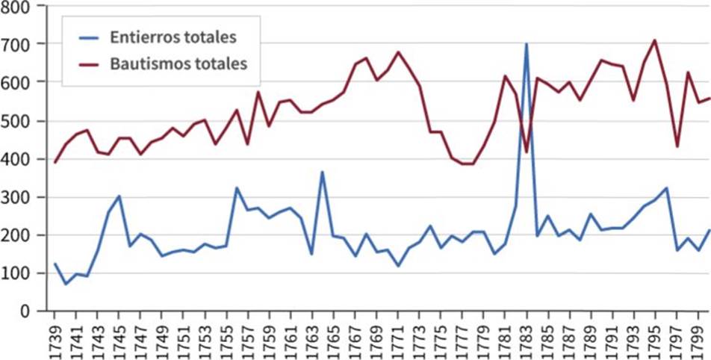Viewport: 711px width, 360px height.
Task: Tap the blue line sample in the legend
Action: tap(92, 37)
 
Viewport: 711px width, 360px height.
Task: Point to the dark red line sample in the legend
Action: tap(92, 63)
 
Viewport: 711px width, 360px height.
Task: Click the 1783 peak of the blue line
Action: tap(526, 44)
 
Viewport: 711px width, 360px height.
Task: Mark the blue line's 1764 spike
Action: tap(322, 172)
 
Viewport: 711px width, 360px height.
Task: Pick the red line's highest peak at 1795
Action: tap(655, 40)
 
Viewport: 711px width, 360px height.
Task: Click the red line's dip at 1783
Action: tap(526, 152)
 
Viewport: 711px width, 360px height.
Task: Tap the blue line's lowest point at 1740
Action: tap(65, 284)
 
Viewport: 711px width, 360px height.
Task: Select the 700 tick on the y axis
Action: tap(22, 45)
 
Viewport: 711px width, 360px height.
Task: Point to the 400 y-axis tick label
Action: tap(22, 159)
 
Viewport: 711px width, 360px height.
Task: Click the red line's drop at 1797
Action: tap(677, 146)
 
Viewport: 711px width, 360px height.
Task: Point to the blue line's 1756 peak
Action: tap(237, 187)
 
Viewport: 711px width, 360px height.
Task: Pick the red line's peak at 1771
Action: tap(398, 52)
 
